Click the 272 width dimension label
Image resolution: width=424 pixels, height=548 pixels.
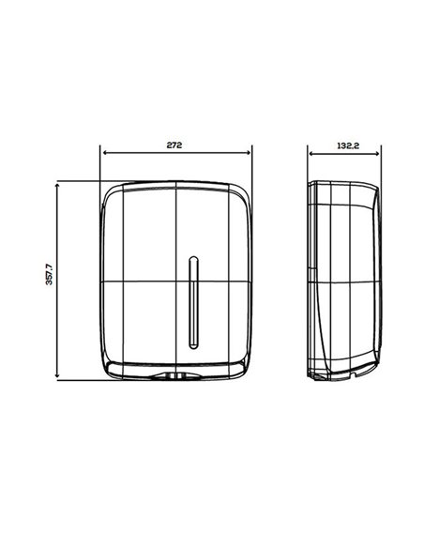pos(174,145)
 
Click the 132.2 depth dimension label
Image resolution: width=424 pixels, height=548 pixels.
pos(348,145)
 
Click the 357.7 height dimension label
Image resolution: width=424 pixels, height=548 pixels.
pos(49,274)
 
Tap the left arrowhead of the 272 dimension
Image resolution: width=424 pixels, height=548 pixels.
pos(105,153)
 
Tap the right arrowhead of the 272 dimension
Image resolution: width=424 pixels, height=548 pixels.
pos(249,153)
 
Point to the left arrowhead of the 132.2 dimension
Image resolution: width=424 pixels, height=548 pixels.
pos(311,153)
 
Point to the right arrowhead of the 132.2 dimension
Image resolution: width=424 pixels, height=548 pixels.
pos(376,153)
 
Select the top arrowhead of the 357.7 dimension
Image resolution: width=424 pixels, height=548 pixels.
pos(57,185)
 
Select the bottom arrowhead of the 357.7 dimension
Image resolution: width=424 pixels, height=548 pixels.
pos(57,375)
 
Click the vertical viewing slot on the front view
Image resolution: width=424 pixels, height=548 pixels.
pos(193,303)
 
